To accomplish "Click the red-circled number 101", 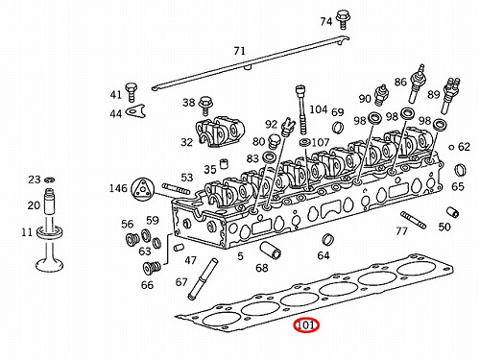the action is tap(306, 325).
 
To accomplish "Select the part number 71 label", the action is tap(239, 51).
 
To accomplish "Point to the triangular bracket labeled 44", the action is tap(136, 110).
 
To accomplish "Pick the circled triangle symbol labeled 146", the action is tap(141, 189).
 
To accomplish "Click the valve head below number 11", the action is tap(50, 265).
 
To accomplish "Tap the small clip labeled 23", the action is tap(50, 180).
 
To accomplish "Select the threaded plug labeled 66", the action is tap(152, 268).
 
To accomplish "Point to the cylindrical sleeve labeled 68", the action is tap(270, 251).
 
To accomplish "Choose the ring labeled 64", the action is tap(327, 240).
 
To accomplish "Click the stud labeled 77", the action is tap(413, 220).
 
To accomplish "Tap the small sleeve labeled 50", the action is tap(452, 212).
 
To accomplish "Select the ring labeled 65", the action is tap(460, 170).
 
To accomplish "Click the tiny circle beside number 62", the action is tap(451, 148).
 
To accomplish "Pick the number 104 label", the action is tap(318, 109).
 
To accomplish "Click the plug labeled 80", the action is tap(273, 142).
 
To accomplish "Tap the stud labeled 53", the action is tap(177, 189).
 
